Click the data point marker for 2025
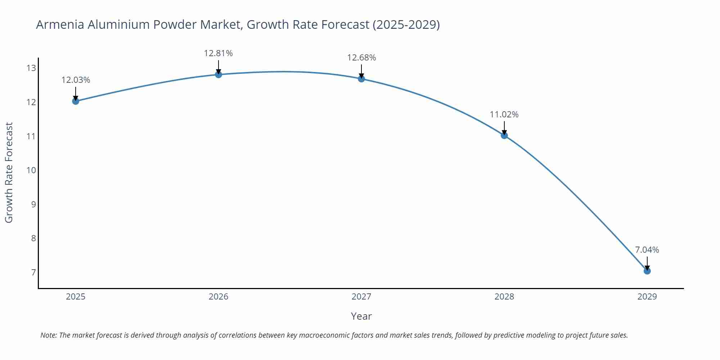click(76, 101)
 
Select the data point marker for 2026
click(219, 75)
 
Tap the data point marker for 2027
click(361, 78)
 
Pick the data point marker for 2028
click(504, 135)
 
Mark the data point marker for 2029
click(647, 271)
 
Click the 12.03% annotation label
click(76, 80)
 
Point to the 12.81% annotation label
click(219, 53)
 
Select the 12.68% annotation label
click(361, 58)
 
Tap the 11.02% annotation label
click(504, 114)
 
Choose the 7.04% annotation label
click(647, 250)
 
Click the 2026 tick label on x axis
click(219, 297)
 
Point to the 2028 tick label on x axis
click(504, 297)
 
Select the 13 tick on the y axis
click(31, 68)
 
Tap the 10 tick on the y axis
click(31, 170)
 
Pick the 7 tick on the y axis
click(33, 272)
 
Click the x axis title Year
click(361, 316)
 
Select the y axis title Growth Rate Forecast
click(9, 172)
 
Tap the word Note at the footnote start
click(48, 335)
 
